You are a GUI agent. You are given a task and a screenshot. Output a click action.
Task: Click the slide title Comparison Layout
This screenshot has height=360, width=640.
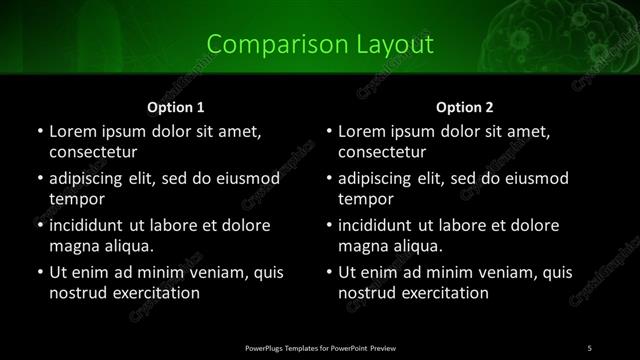(x=320, y=45)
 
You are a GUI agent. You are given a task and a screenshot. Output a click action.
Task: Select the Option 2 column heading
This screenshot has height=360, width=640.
(x=465, y=106)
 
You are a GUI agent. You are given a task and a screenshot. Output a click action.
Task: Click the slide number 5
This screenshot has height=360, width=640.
(x=589, y=347)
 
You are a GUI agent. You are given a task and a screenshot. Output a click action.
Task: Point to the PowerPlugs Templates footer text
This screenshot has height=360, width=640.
(x=320, y=347)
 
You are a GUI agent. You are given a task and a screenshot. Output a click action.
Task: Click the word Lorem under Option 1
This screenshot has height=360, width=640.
(x=72, y=131)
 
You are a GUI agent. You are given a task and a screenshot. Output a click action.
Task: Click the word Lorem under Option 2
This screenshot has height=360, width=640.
(x=362, y=131)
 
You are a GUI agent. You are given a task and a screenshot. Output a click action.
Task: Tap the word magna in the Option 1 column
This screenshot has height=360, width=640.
(x=73, y=246)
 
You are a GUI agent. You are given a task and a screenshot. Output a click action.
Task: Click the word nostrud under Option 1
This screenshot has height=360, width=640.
(x=77, y=293)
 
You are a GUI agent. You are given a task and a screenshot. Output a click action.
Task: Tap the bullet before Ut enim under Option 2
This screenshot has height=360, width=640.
(x=329, y=272)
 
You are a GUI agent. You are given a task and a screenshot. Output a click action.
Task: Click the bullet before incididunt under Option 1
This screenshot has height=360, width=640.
(x=39, y=225)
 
